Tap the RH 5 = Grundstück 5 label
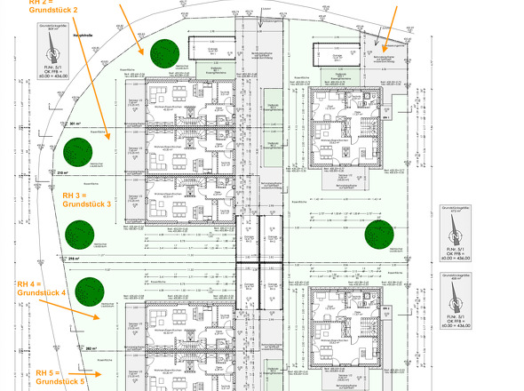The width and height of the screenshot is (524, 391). [60, 376]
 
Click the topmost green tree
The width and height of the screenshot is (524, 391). [163, 54]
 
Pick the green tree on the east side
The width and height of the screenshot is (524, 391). [379, 235]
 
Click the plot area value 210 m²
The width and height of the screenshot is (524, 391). [62, 172]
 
